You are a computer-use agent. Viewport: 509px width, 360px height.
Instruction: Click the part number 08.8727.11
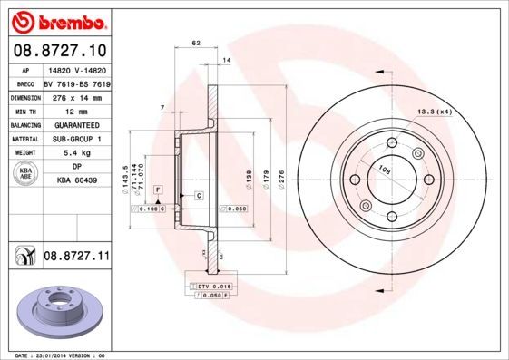(77, 258)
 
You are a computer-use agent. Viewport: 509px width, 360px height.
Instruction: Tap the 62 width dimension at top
(195, 43)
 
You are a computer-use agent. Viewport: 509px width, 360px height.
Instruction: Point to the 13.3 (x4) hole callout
(434, 112)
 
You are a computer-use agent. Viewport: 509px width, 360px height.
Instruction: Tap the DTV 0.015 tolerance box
(215, 287)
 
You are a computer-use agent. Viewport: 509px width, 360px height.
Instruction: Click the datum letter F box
(157, 189)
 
